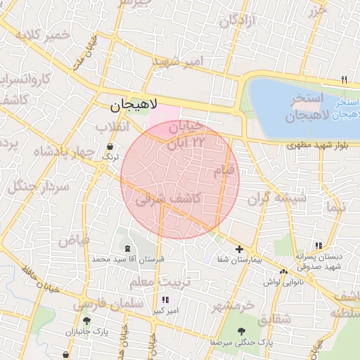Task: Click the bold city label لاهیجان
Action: [134, 106]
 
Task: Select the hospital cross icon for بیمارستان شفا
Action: [240, 250]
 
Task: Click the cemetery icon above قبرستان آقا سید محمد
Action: [127, 249]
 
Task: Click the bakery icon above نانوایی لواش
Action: [283, 271]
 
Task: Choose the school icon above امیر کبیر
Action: [165, 300]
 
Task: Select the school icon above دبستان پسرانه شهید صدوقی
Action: [319, 245]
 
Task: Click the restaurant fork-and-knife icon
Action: [344, 79]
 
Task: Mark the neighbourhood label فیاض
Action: [74, 240]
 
